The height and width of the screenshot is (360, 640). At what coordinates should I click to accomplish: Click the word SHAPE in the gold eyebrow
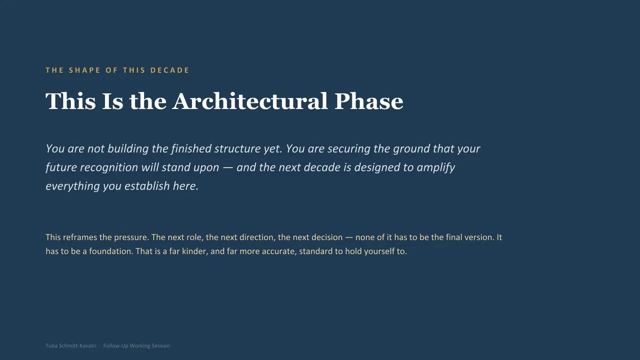point(84,70)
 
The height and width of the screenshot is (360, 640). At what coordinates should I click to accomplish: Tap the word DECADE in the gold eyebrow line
point(169,70)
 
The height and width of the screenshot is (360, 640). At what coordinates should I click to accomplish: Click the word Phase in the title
point(369,101)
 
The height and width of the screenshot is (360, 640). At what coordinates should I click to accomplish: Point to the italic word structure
point(237,148)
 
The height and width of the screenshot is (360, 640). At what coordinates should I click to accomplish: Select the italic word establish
point(147,186)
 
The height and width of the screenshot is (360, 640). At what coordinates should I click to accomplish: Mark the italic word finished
point(191,148)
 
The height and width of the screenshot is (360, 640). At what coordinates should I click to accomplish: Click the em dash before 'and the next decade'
point(227,168)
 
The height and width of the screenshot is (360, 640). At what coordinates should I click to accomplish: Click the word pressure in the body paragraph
point(130,237)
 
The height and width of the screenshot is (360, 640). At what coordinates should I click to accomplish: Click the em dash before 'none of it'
point(349,237)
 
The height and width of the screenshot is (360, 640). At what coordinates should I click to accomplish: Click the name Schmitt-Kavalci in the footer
point(77,345)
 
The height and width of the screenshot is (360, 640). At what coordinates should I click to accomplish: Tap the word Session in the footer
point(160,345)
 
